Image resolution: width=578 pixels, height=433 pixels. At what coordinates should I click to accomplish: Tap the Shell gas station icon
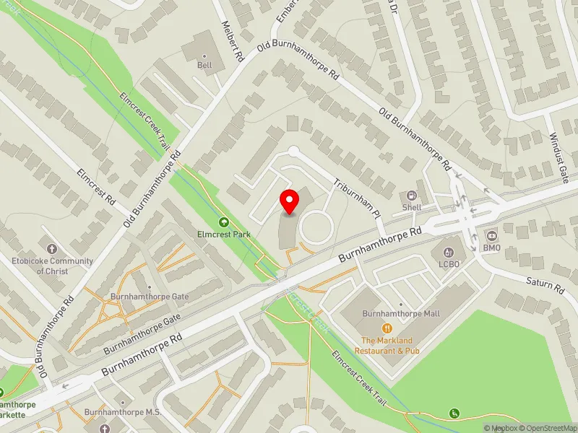(x=412, y=196)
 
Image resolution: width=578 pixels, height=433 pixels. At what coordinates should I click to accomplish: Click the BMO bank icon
(x=492, y=237)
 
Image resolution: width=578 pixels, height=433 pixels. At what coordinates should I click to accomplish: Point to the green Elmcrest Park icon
(x=223, y=222)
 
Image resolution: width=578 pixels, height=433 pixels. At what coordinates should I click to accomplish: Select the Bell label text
(x=205, y=66)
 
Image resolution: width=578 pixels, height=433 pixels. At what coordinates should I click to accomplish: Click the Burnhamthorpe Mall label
(x=400, y=313)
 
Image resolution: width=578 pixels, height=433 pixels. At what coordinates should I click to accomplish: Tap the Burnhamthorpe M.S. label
(x=121, y=412)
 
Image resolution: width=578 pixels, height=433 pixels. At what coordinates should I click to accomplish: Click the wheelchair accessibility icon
(x=454, y=414)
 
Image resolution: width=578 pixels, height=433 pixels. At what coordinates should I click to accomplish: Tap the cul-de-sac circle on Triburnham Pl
(x=293, y=152)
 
